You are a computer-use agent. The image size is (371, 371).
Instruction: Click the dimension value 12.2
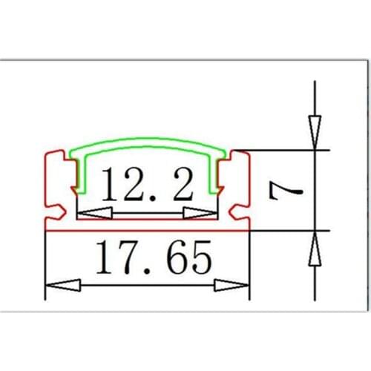[x=146, y=185]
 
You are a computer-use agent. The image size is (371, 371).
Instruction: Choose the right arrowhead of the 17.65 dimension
[x=236, y=285]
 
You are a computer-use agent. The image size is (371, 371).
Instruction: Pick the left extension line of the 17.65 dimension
[x=45, y=267]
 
